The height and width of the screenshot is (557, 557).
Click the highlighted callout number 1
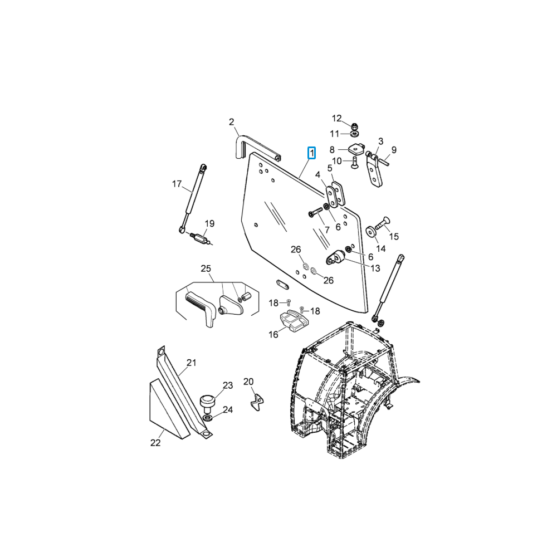311,153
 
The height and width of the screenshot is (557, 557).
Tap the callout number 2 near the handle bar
232,122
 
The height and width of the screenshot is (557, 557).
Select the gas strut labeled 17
193,199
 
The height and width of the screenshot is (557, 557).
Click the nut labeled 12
354,126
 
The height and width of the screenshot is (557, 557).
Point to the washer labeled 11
354,134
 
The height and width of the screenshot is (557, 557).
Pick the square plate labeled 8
356,149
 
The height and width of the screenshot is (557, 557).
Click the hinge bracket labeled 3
374,169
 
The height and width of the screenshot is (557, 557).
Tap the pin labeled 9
385,162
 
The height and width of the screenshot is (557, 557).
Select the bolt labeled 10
354,163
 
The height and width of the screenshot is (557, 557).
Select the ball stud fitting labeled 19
200,237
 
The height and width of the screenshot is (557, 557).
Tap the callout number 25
206,268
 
